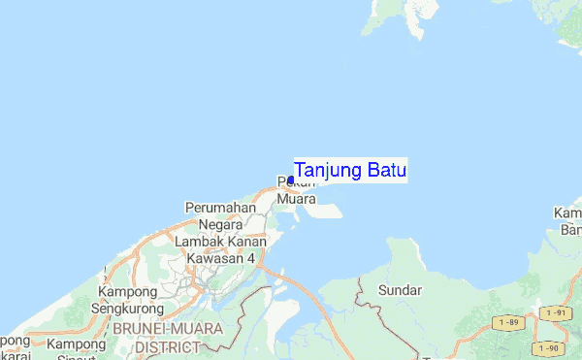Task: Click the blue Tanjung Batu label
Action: click(350, 171)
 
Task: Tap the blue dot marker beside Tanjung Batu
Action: click(291, 180)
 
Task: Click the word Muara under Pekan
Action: click(296, 199)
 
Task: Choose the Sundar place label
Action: click(400, 289)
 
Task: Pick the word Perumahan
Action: click(220, 208)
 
